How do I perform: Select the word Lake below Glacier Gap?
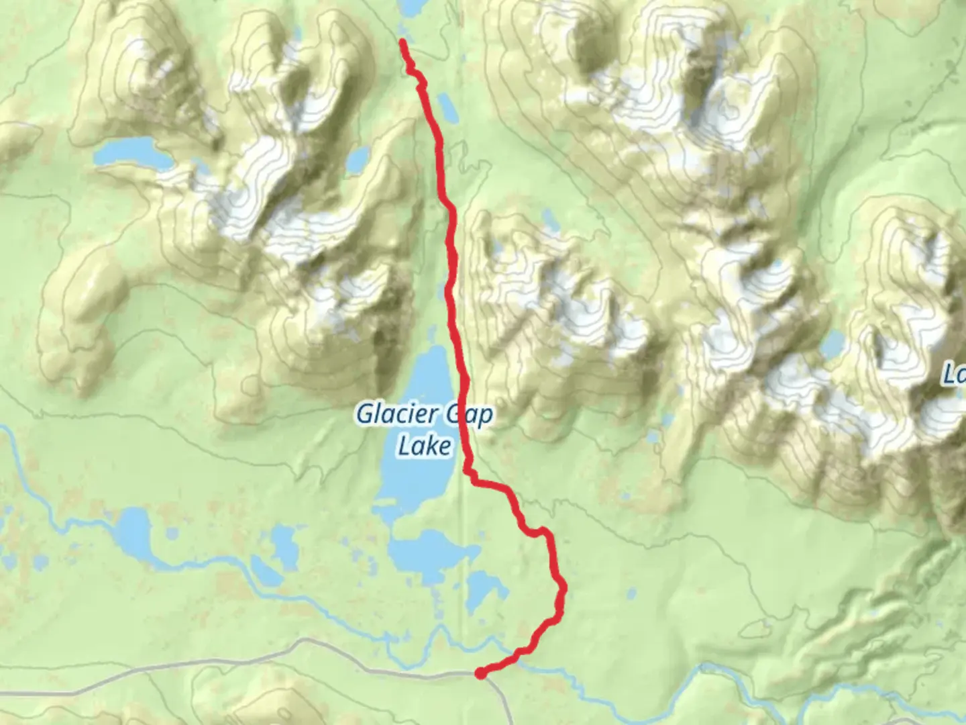click(x=424, y=446)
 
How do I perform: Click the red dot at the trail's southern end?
click(x=481, y=673)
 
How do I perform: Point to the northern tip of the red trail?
click(x=402, y=42)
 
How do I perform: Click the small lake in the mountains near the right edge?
click(x=833, y=344)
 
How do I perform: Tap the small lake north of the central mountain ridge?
click(x=550, y=219)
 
